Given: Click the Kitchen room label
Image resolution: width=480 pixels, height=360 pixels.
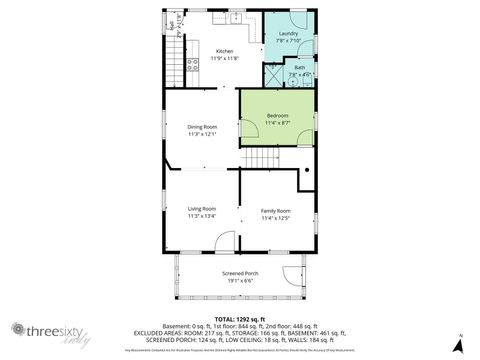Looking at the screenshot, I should tap(225, 51).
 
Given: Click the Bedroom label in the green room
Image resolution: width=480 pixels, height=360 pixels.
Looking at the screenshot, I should tap(277, 116).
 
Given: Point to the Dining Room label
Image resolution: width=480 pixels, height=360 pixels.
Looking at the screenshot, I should tap(202, 127).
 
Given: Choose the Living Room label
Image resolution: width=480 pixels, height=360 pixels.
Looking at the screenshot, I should tap(202, 208).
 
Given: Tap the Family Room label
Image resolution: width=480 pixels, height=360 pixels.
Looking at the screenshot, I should tap(276, 210).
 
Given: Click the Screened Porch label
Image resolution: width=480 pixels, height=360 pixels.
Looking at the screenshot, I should tap(239, 272).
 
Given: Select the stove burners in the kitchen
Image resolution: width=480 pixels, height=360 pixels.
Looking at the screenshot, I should tap(193, 49).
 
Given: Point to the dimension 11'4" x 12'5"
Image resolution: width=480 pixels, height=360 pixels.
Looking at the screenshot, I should tap(276, 217).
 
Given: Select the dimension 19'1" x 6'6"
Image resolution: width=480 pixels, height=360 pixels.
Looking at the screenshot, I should tap(239, 279).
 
